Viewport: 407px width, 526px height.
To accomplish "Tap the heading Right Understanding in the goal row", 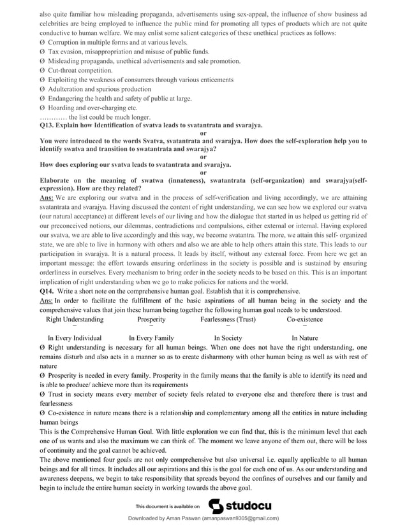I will coord(75,318).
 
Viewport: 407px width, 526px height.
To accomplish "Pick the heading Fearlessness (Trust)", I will coord(228,318).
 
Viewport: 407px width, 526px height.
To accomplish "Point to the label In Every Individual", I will coord(75,338).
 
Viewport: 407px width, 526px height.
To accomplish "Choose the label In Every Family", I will coord(151,338).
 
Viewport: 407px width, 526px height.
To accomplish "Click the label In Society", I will coord(228,338).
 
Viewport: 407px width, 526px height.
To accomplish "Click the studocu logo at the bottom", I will coord(240,506).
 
